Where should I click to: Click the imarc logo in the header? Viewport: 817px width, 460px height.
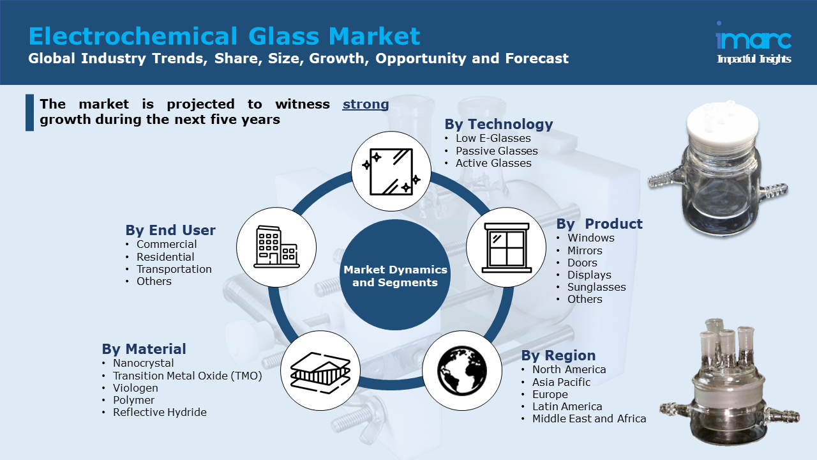[754, 43]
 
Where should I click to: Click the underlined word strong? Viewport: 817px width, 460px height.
[366, 104]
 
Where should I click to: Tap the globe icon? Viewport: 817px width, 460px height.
[461, 371]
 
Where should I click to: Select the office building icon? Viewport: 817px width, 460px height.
[276, 247]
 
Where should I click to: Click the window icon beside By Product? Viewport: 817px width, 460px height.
[506, 248]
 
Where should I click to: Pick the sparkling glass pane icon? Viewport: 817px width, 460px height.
[391, 171]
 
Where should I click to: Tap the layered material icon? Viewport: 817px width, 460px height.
[320, 372]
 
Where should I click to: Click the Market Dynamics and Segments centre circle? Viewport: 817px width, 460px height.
[395, 275]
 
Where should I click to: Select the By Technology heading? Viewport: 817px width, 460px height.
[498, 124]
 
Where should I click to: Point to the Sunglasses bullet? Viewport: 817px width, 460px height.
[596, 287]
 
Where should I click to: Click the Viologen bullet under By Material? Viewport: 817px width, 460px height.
[135, 388]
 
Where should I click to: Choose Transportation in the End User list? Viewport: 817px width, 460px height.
[174, 269]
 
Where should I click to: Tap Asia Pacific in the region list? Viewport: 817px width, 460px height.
[561, 382]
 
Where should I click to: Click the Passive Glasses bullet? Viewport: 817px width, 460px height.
[497, 151]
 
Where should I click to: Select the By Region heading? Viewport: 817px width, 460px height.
[558, 355]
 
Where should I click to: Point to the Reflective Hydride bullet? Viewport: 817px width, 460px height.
[160, 412]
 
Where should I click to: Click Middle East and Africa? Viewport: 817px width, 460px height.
[589, 418]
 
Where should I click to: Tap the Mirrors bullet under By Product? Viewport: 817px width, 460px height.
[585, 250]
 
